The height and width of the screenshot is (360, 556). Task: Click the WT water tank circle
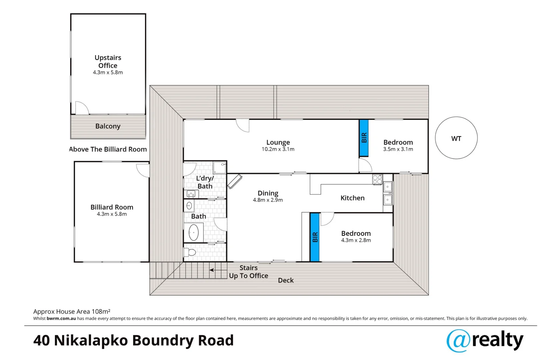pos(456,138)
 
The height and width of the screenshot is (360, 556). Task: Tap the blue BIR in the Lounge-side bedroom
pos(364,138)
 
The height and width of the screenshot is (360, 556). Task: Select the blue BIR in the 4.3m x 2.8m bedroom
pos(315,237)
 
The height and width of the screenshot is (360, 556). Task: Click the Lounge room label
pos(278,142)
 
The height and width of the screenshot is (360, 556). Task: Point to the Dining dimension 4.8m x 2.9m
pos(267,200)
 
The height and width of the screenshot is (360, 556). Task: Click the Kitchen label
pos(352,198)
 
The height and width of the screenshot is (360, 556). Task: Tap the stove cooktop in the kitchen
pos(377,179)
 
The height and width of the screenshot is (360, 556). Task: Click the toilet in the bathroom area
pos(190,252)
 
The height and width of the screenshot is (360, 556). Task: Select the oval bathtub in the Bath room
pos(193,232)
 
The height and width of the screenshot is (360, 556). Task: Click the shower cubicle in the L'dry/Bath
pos(219,168)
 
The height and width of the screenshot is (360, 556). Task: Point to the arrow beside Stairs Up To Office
pos(218,270)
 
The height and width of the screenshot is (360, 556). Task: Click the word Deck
pos(286,280)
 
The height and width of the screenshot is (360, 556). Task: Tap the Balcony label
pos(108,126)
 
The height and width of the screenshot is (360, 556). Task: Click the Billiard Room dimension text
pos(112,214)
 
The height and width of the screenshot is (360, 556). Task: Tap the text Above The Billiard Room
pos(108,149)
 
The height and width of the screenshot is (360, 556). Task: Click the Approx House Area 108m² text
pos(72,311)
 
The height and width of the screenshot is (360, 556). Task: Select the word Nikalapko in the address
pos(91,340)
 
